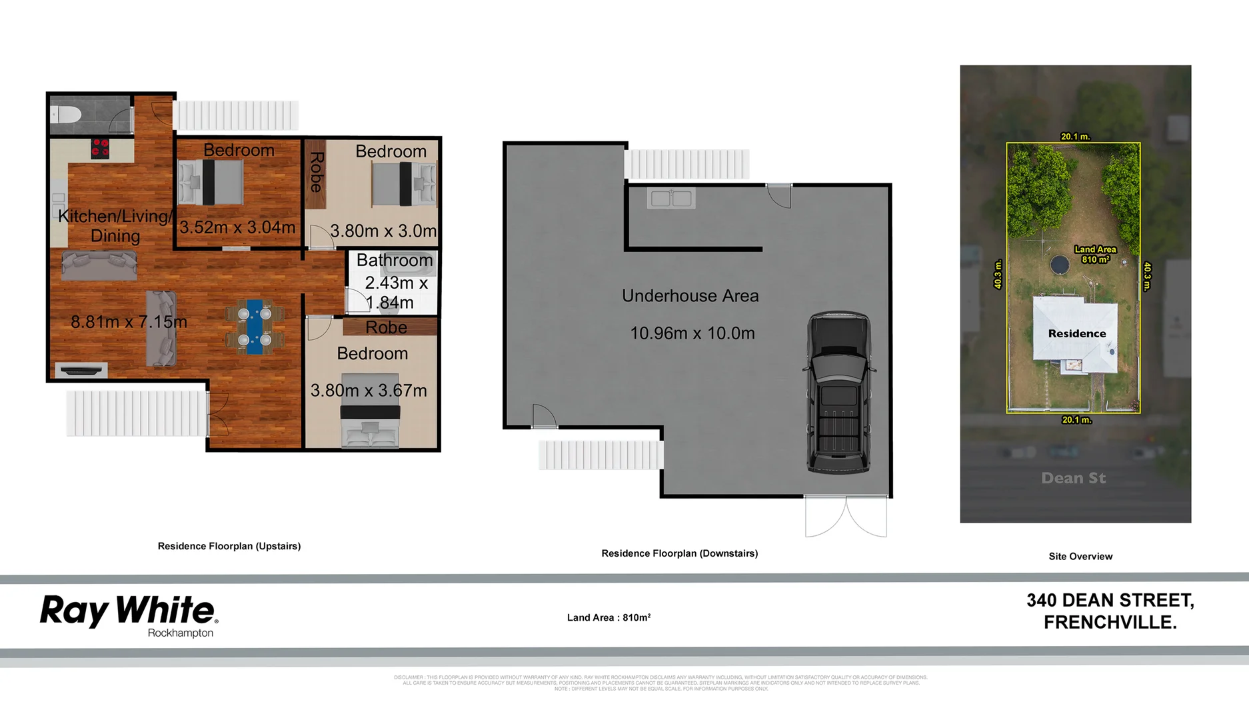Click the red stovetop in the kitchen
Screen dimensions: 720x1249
click(100, 148)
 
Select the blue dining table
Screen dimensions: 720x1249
click(255, 326)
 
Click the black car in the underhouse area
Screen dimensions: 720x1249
click(838, 392)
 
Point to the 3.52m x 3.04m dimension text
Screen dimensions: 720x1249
click(237, 227)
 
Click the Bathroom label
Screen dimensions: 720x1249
click(395, 260)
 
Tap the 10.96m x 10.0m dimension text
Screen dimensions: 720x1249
click(692, 333)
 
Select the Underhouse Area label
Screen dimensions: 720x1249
click(690, 295)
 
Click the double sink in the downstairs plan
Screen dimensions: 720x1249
click(671, 198)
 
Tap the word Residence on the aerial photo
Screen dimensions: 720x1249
click(1076, 333)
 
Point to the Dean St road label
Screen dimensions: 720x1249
click(1073, 478)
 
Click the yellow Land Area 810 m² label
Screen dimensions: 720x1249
click(1095, 254)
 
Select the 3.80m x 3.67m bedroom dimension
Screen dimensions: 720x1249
click(369, 390)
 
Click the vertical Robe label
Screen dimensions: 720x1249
click(316, 172)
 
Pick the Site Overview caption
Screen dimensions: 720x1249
click(1080, 556)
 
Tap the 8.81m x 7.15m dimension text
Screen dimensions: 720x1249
click(129, 322)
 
